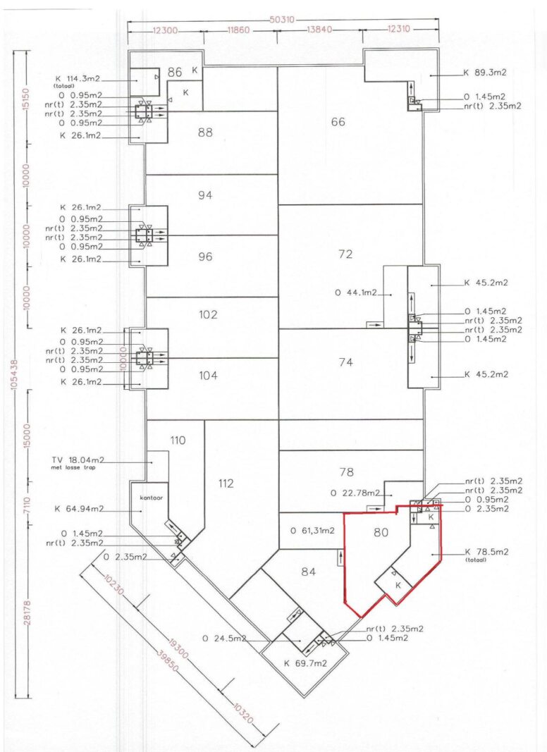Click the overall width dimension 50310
[282, 20]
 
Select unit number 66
[338, 122]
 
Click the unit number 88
[205, 132]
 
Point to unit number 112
[226, 483]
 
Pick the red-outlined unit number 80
[381, 532]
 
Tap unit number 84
[309, 572]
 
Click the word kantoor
[151, 498]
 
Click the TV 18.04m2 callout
[78, 460]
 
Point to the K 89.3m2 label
[485, 73]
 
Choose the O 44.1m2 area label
[356, 292]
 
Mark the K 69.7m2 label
[305, 663]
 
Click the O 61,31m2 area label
[312, 531]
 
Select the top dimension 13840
[319, 30]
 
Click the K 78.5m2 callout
[486, 552]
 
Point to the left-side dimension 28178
[27, 612]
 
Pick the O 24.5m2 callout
[224, 639]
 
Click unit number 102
[208, 314]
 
